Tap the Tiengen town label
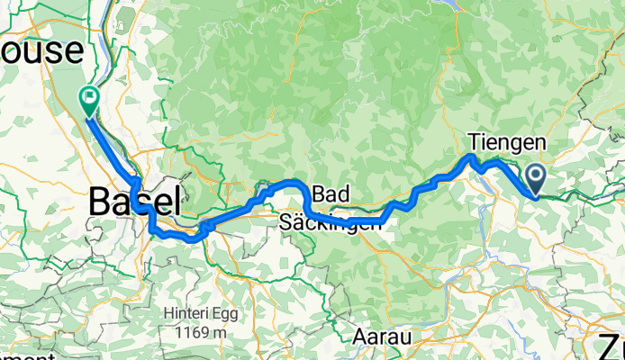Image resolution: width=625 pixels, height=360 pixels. (x=506, y=141)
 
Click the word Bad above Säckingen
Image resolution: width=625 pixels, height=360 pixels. (x=330, y=195)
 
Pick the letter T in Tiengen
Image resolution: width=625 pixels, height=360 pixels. (x=473, y=141)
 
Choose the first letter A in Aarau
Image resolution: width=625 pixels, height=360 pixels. (x=358, y=336)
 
